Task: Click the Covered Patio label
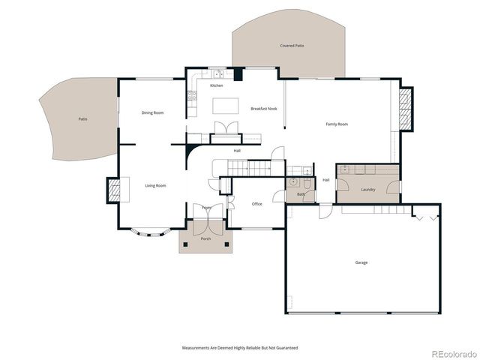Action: [292, 46]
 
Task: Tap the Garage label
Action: [361, 262]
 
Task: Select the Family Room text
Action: [336, 124]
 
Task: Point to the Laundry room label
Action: [367, 190]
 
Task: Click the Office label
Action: [256, 204]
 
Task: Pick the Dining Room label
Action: [152, 113]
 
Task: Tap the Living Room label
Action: [155, 185]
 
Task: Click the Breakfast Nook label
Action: [264, 109]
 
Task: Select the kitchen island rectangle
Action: [226, 104]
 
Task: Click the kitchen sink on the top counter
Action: [217, 73]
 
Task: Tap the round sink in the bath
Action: [292, 182]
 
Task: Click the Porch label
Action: [205, 238]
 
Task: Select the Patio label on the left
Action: [82, 118]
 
